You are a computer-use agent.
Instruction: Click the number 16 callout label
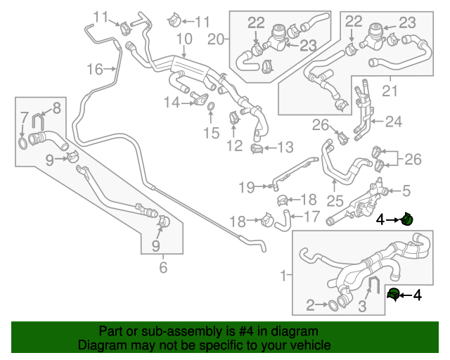click(95, 69)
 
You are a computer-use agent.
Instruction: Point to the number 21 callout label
click(390, 91)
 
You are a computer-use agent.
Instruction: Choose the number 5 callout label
click(406, 190)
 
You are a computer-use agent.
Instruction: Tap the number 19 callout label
click(245, 187)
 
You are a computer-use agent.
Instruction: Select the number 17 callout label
click(311, 217)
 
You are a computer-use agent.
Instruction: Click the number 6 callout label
click(163, 268)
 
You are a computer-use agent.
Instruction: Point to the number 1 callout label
click(284, 276)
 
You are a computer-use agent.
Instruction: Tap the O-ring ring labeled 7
click(24, 143)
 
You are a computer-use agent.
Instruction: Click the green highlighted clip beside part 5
click(406, 219)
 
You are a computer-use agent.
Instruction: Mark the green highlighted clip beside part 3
click(394, 293)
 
